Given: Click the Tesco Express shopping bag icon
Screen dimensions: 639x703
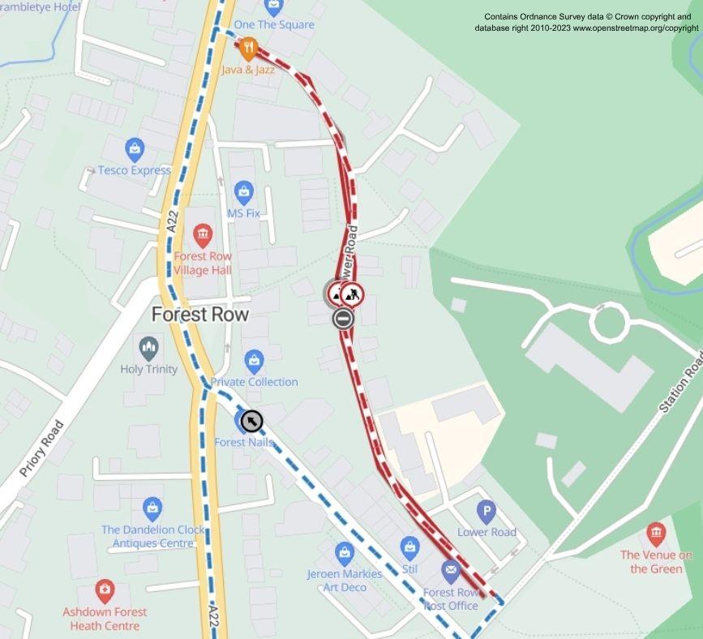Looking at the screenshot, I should [135, 149].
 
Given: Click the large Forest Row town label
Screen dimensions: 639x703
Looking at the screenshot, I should [201, 314].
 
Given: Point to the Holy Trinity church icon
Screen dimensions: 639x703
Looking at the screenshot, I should [148, 349].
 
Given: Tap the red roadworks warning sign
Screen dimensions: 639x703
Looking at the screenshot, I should [352, 294].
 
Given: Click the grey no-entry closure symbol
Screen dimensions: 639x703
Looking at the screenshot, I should [343, 319].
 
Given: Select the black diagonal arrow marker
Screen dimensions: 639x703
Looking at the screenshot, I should [252, 420].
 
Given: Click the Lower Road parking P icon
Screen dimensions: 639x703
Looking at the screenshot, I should [487, 512].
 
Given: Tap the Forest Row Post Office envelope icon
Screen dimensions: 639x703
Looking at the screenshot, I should [451, 571].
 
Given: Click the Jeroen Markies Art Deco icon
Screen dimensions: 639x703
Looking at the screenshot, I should [345, 554].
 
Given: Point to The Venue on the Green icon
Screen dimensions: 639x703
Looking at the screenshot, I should [656, 534].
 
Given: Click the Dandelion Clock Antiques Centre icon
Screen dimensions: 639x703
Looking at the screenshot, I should [152, 509].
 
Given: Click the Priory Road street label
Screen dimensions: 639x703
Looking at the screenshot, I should [41, 448].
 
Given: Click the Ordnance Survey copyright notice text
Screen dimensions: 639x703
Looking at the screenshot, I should [586, 22].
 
